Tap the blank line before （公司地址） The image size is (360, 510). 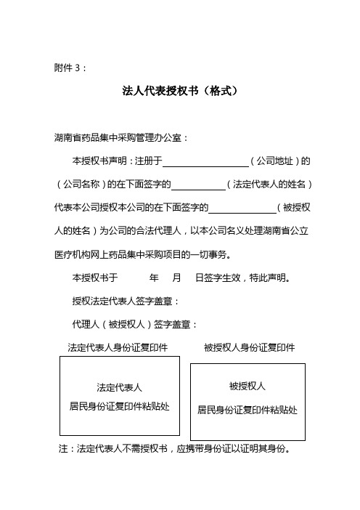(x=206, y=161)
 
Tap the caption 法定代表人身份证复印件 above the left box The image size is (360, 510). (x=118, y=347)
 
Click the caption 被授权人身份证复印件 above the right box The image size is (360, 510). (x=250, y=347)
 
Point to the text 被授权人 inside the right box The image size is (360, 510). (x=247, y=386)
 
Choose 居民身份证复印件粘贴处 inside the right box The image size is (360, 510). (x=247, y=409)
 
